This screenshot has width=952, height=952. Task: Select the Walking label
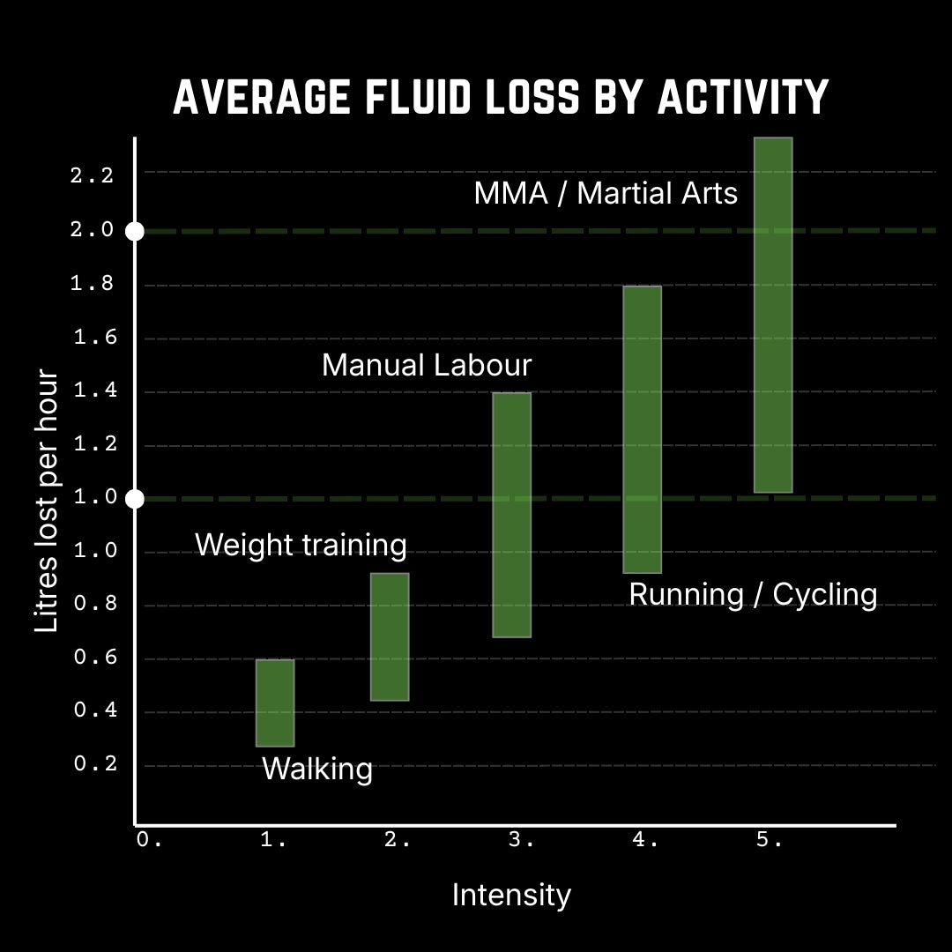pyautogui.click(x=317, y=769)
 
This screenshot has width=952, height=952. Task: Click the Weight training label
pyautogui.click(x=301, y=545)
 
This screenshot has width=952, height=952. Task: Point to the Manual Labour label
pyautogui.click(x=427, y=365)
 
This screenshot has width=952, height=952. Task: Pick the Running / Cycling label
pyautogui.click(x=753, y=594)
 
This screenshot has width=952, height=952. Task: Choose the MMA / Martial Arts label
pyautogui.click(x=606, y=193)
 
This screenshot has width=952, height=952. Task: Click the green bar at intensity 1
pyautogui.click(x=275, y=703)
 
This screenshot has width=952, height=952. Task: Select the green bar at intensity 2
pyautogui.click(x=390, y=636)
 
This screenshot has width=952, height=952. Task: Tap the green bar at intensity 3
pyautogui.click(x=511, y=514)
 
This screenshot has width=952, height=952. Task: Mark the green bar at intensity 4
pyautogui.click(x=642, y=429)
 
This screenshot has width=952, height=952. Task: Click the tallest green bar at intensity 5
pyautogui.click(x=773, y=315)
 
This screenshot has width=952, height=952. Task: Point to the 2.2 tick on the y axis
pyautogui.click(x=93, y=175)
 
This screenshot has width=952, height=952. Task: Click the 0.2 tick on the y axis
pyautogui.click(x=95, y=764)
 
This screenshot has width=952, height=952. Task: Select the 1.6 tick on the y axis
pyautogui.click(x=95, y=338)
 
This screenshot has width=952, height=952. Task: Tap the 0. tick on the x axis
pyautogui.click(x=149, y=841)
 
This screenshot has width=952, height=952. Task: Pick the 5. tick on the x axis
pyautogui.click(x=769, y=841)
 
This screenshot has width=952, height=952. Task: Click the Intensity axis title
pyautogui.click(x=511, y=895)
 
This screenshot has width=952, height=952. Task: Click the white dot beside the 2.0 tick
pyautogui.click(x=134, y=231)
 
